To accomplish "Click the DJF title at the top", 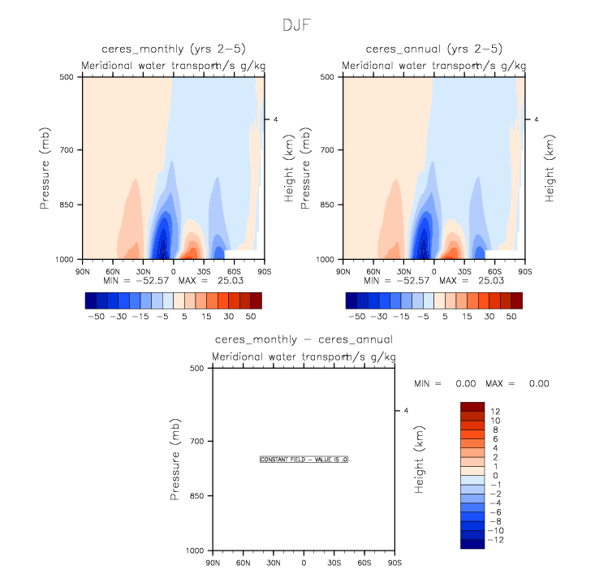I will (x=296, y=25).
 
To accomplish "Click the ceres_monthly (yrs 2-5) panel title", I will (x=172, y=49).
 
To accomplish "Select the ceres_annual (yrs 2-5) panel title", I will (x=433, y=49).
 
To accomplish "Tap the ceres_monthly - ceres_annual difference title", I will (x=304, y=339).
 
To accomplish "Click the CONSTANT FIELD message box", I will (x=304, y=460).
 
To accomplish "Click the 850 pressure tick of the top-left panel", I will (x=66, y=205).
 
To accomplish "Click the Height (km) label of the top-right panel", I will (x=550, y=168).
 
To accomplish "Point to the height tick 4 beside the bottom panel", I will (x=406, y=411).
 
